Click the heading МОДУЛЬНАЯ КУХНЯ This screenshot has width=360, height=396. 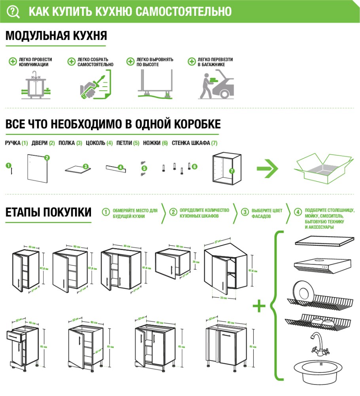(x=56, y=36)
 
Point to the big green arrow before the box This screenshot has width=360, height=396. (x=267, y=169)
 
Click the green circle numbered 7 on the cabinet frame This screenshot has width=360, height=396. (x=232, y=171)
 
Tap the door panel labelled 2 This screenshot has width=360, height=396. (x=38, y=168)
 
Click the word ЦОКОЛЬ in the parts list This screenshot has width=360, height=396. (x=95, y=143)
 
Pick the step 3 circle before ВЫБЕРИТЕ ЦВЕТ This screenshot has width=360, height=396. (x=245, y=212)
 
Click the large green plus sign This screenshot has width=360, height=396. (x=259, y=306)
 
